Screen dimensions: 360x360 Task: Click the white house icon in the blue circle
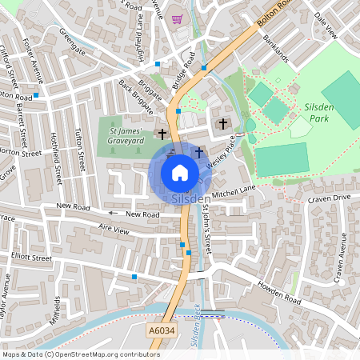[180, 172]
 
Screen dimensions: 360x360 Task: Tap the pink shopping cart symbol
[177, 19]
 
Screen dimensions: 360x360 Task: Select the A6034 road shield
[161, 329]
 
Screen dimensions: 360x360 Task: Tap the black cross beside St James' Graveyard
[162, 134]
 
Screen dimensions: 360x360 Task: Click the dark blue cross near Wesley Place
[198, 152]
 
